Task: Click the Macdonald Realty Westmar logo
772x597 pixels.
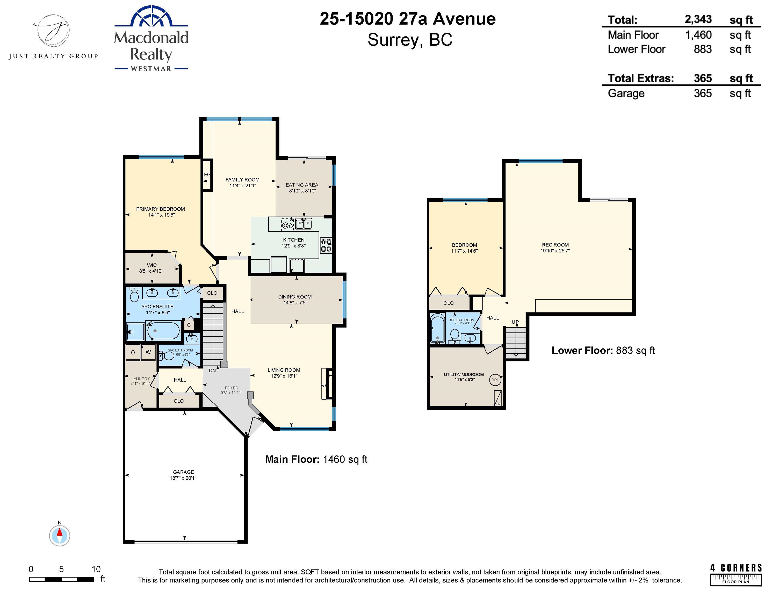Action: coord(151,39)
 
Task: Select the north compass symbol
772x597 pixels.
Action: coord(59,534)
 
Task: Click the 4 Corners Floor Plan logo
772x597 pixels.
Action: coord(736,575)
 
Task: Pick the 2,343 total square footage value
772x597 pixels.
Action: coord(698,19)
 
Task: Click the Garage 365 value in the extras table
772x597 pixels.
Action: coord(703,93)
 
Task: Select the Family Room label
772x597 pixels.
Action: coord(242,182)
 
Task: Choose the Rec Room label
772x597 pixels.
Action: coord(555,247)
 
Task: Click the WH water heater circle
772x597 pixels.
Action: coord(495,380)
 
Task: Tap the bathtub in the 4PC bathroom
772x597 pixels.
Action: coord(438,328)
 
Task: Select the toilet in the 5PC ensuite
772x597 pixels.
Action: coord(134,294)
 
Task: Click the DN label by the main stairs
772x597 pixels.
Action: coord(212,371)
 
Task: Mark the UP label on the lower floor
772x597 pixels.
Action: coord(515,322)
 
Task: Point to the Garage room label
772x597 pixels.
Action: coord(183,475)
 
